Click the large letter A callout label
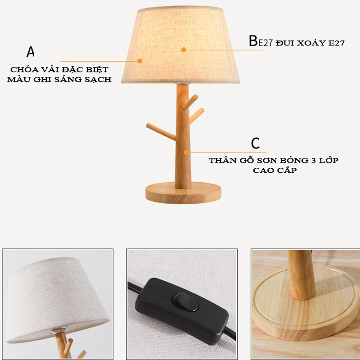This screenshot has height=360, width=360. pyautogui.click(x=31, y=52)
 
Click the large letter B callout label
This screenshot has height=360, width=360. pyautogui.click(x=253, y=41)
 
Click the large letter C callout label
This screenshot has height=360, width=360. pyautogui.click(x=255, y=143)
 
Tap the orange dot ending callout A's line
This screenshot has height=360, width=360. pyautogui.click(x=140, y=61)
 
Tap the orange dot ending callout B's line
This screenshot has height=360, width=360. pyautogui.click(x=184, y=49)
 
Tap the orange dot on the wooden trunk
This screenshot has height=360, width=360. pyautogui.click(x=186, y=152)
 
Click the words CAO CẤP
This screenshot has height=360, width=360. pyautogui.click(x=275, y=170)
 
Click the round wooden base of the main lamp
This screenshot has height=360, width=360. pyautogui.click(x=183, y=193)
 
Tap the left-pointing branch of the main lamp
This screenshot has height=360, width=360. pyautogui.click(x=161, y=132)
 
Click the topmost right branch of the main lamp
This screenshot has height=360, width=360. pyautogui.click(x=190, y=102)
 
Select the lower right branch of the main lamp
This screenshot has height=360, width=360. pyautogui.click(x=197, y=115)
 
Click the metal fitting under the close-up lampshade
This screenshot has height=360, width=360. pyautogui.click(x=59, y=330)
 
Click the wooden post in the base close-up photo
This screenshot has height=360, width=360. pyautogui.click(x=301, y=275)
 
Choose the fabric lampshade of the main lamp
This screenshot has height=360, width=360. pyautogui.click(x=181, y=45)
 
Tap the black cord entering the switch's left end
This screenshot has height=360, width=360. pyautogui.click(x=133, y=288)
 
